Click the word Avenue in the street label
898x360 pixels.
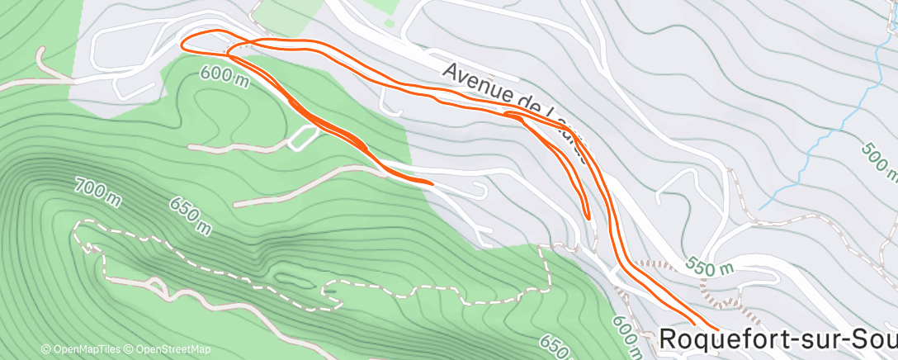click(472, 82)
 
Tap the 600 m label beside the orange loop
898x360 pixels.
click(224, 78)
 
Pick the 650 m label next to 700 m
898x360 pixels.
click(191, 215)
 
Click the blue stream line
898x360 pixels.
click(825, 132)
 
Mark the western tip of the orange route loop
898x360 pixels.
click(183, 43)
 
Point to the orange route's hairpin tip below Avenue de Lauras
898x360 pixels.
click(588, 216)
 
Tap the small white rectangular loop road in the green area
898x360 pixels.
click(303, 138)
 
